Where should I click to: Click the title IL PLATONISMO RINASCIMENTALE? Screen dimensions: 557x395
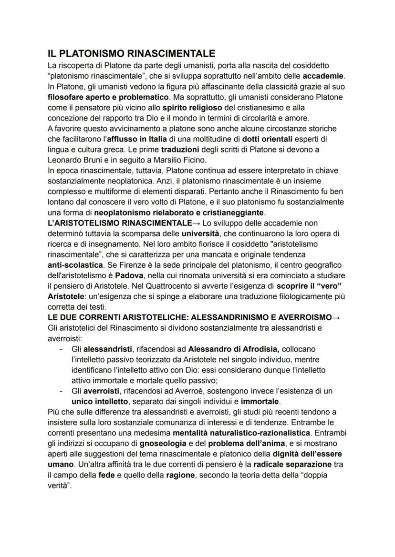coord(131,52)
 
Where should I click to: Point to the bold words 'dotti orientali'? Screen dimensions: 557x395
coord(270,139)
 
